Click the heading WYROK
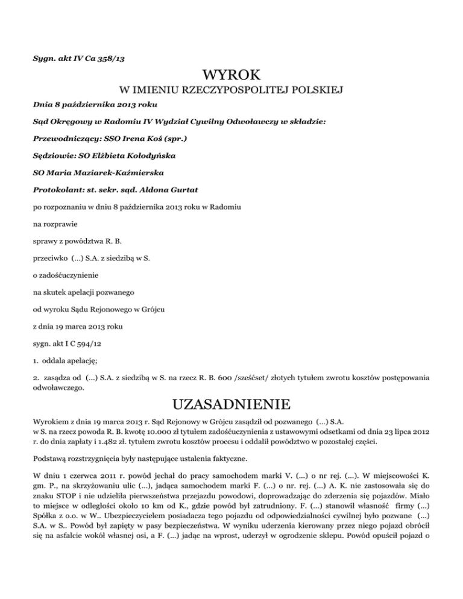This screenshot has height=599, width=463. point(231,76)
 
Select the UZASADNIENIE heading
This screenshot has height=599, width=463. point(231,403)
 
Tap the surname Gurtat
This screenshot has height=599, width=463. point(190,190)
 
